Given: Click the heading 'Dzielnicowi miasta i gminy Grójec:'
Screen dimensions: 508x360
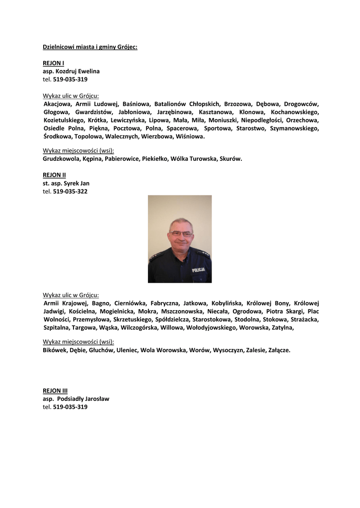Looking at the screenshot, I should point(90,47).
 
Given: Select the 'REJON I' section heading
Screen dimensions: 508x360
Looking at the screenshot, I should point(53,63).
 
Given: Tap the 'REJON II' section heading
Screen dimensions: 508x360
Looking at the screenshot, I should point(54,175).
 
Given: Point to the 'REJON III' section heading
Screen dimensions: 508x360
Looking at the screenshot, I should point(55,390).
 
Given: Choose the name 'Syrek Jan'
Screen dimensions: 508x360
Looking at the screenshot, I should point(76,183).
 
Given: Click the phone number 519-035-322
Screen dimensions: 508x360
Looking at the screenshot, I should point(70,191).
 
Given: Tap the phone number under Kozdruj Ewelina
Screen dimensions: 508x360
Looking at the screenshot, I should point(70,79).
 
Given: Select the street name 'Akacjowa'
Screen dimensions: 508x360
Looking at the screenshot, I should point(58,104).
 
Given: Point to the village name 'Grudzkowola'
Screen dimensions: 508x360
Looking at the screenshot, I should point(61,159).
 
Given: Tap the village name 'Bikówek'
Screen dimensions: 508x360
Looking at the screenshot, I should point(55,350).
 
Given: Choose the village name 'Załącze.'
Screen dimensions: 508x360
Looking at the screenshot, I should point(279,350).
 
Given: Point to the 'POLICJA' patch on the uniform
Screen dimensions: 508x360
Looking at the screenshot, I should point(199,270).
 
